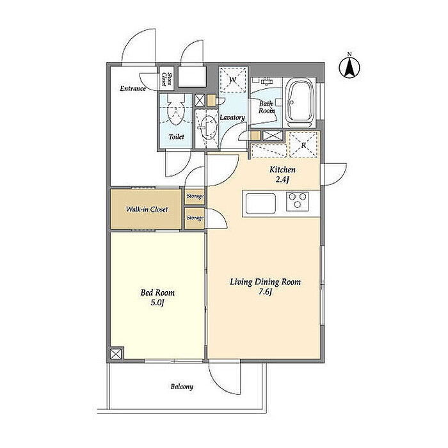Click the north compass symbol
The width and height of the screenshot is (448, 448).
(x=349, y=67)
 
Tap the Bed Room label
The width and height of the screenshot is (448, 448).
(x=157, y=292)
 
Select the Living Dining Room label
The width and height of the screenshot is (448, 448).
(x=266, y=282)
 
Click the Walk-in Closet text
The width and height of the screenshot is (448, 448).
(x=147, y=209)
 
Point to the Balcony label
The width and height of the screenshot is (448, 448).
(x=182, y=387)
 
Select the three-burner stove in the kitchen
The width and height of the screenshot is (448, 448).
(x=298, y=201)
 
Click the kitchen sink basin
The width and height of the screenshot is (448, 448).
(x=260, y=203)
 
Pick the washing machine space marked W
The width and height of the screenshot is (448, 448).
(x=233, y=80)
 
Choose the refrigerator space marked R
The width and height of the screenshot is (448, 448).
(x=303, y=145)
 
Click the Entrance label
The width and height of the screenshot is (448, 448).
(x=133, y=88)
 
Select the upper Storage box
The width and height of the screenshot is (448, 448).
(x=195, y=196)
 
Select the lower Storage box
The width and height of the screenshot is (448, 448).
(x=195, y=218)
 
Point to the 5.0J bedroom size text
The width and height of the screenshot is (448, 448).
(x=157, y=303)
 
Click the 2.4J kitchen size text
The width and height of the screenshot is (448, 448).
(x=283, y=180)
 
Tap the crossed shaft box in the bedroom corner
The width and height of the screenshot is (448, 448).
(x=116, y=354)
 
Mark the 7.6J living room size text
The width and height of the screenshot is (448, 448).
(x=266, y=292)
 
